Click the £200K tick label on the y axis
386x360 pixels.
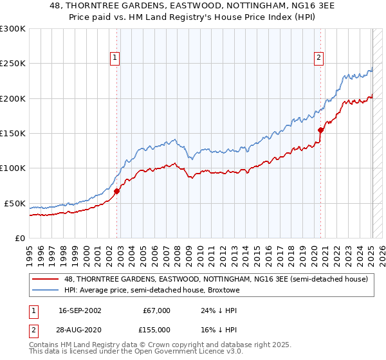tap(12, 98)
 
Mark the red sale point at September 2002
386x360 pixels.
tap(116, 191)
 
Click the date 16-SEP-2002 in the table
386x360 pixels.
tap(80, 310)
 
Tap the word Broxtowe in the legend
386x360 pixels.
tap(223, 290)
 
